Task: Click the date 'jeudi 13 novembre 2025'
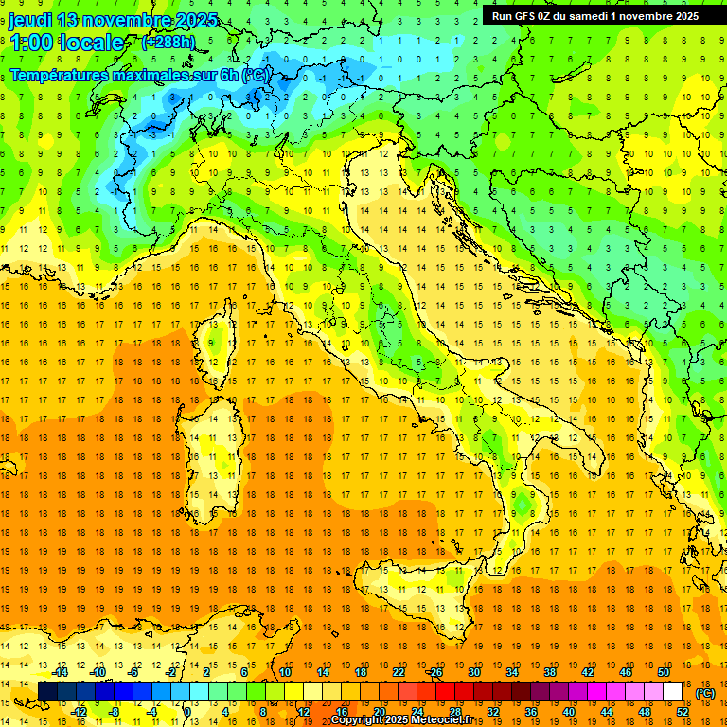click(x=113, y=21)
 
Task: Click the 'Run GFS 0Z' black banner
click(x=595, y=15)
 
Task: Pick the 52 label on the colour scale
click(x=682, y=712)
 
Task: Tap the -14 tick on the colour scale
click(x=62, y=672)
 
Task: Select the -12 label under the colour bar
click(x=80, y=712)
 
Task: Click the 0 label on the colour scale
click(x=187, y=712)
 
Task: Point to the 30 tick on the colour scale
click(x=473, y=672)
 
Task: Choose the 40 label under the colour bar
click(x=568, y=712)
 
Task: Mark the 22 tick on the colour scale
click(x=399, y=672)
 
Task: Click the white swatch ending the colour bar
click(x=673, y=691)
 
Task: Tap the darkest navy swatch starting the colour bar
click(x=47, y=691)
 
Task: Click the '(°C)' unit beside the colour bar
click(x=704, y=693)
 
